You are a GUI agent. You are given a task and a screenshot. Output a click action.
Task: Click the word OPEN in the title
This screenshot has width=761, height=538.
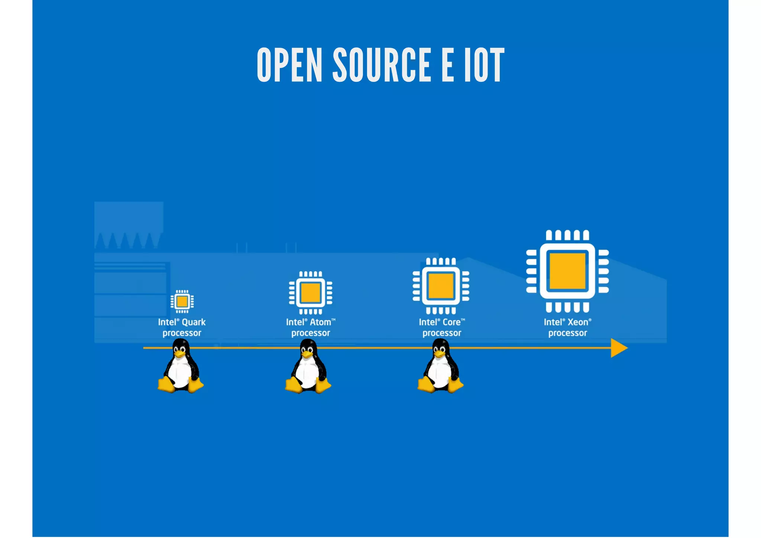tap(289, 65)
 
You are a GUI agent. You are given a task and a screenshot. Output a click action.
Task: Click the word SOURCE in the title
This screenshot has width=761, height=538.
tap(382, 65)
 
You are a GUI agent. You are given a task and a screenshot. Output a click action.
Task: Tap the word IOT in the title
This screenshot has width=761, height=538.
tap(484, 65)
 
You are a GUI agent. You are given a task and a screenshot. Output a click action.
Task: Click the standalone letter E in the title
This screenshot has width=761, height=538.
tap(448, 65)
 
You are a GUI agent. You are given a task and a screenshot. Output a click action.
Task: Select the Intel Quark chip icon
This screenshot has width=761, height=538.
tap(182, 301)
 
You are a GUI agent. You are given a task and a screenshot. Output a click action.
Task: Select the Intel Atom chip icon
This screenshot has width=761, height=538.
tap(311, 293)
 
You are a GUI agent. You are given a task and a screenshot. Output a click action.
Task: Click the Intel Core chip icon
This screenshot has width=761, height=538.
tap(441, 286)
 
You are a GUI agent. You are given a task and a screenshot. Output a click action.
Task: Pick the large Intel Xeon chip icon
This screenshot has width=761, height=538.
tap(567, 271)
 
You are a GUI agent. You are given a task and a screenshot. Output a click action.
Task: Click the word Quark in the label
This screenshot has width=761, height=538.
tap(194, 322)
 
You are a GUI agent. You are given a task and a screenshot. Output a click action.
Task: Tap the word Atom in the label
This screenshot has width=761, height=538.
tap(320, 322)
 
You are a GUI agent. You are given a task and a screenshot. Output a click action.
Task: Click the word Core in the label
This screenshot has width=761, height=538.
tap(451, 322)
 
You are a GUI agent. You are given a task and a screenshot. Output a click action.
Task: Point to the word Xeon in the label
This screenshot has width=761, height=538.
tap(578, 322)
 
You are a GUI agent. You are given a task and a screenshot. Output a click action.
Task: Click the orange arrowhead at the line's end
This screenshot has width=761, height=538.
tap(618, 348)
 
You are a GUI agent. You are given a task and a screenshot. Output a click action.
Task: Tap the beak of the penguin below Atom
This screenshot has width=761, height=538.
tap(307, 354)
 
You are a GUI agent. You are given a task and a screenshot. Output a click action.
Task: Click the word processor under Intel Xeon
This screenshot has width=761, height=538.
tap(567, 333)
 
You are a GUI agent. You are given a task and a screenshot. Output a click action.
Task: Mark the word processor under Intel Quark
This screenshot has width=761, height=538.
tap(182, 333)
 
